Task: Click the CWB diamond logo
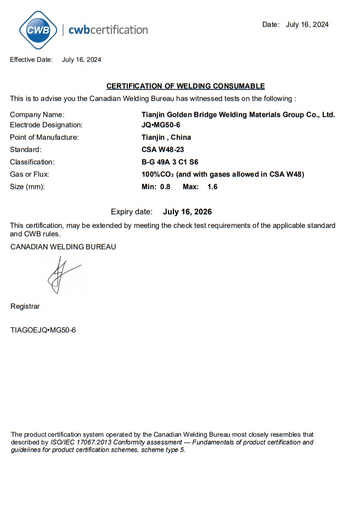point(38,30)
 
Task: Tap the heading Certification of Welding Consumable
point(185,86)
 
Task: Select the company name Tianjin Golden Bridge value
point(238,115)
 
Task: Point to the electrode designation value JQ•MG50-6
point(161,125)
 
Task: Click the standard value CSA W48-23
point(159,149)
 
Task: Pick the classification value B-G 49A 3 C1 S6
point(170,162)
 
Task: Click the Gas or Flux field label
point(30,174)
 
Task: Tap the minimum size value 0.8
point(165,187)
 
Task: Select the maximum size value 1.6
point(212,187)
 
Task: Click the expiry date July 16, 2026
point(187,212)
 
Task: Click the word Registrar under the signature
point(25,306)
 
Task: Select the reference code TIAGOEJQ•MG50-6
point(43,330)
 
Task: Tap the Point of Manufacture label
point(44,137)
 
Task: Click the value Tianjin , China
point(166,137)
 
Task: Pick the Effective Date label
point(31,60)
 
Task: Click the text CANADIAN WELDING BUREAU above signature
point(63,247)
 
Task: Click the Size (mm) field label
point(27,187)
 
